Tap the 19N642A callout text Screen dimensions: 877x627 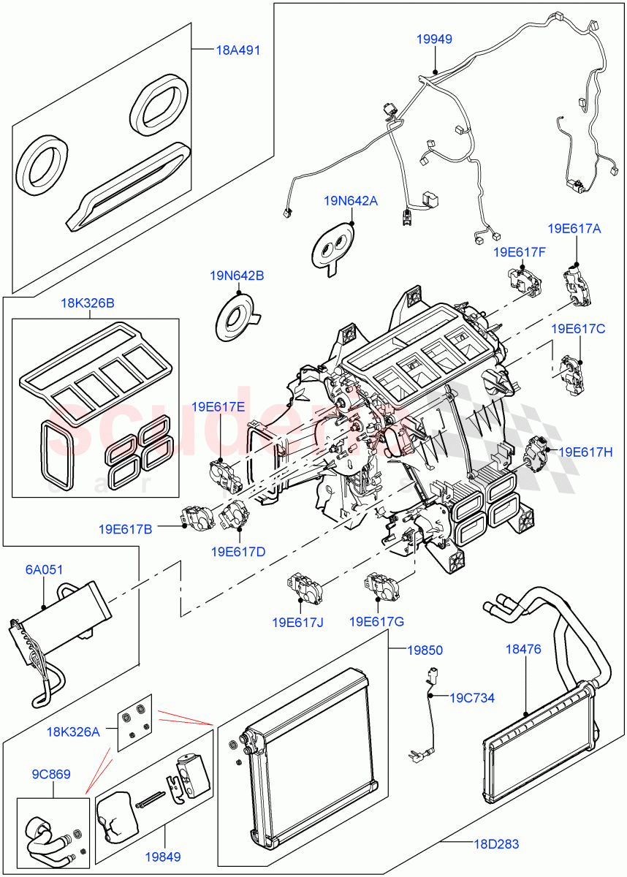351,200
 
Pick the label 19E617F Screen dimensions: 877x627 520,252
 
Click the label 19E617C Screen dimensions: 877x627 578,329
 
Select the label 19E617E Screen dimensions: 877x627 218,407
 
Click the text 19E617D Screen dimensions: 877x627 238,552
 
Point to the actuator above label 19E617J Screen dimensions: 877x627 301,585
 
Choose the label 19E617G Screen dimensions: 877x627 377,622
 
